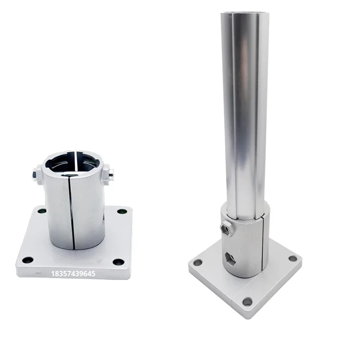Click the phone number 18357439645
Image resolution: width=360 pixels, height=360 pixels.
74,273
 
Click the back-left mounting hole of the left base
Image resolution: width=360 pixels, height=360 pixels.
41,211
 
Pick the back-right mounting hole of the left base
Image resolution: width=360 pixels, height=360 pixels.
121,211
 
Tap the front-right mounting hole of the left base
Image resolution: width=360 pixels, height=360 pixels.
118,262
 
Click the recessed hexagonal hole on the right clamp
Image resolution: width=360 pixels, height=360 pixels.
229,258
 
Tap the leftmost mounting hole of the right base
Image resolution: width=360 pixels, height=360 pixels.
198,262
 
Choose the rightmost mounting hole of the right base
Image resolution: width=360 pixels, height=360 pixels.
292,258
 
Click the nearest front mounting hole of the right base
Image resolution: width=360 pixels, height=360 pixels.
247,301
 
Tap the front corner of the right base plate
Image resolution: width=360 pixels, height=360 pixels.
246,315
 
